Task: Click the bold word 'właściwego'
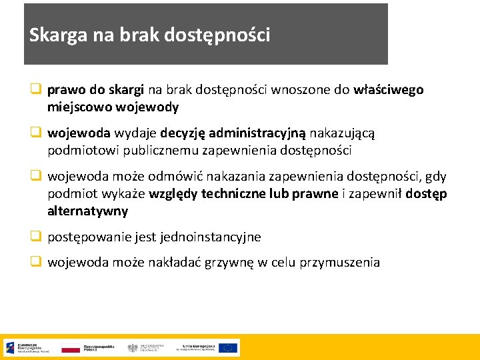pyautogui.click(x=389, y=90)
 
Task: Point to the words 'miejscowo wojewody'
pyautogui.click(x=113, y=107)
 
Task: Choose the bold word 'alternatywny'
pyautogui.click(x=87, y=211)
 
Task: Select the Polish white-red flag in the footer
pyautogui.click(x=70, y=347)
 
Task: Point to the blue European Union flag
pyautogui.click(x=228, y=347)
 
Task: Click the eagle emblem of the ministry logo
pyautogui.click(x=133, y=347)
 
